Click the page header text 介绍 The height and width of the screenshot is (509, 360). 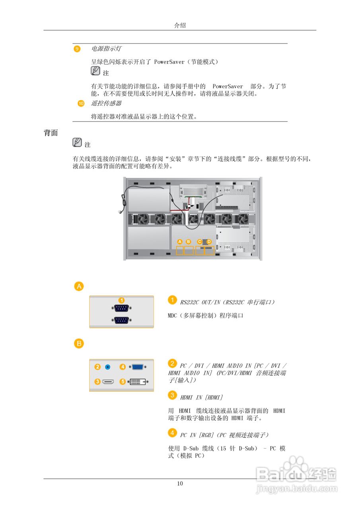click(x=180, y=25)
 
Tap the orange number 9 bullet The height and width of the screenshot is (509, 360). click(x=77, y=49)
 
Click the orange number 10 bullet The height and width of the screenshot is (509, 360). click(x=81, y=103)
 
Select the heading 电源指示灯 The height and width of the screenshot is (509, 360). click(x=106, y=49)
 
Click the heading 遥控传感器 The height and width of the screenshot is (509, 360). click(x=106, y=103)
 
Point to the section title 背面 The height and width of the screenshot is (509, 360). click(x=51, y=133)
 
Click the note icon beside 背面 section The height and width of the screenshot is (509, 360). click(x=77, y=142)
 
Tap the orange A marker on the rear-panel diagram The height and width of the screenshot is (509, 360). click(x=180, y=241)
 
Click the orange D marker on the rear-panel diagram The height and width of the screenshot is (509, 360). click(x=209, y=241)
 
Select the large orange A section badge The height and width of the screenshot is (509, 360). click(x=79, y=286)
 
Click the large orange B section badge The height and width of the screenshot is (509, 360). click(x=79, y=344)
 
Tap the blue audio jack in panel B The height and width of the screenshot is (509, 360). click(x=107, y=367)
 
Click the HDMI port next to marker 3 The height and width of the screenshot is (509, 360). click(x=108, y=382)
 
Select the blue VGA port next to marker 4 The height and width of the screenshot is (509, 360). click(x=138, y=367)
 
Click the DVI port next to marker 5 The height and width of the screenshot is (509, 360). click(x=138, y=382)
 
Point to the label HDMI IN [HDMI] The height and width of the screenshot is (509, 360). click(x=201, y=397)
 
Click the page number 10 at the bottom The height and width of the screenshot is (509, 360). click(x=180, y=484)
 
